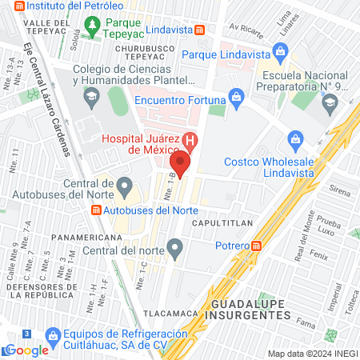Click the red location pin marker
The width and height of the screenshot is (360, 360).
tap(182, 166)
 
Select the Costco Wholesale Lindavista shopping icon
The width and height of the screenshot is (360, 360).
tap(295, 140)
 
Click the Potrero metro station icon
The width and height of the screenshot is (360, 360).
tap(257, 246)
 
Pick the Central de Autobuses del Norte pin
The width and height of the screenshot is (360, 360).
tap(124, 189)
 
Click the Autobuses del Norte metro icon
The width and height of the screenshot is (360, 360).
tap(96, 210)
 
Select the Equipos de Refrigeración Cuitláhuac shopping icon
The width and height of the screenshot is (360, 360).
tap(54, 334)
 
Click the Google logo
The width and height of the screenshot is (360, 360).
tap(26, 350)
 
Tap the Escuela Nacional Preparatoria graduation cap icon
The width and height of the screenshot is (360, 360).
tap(329, 102)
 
